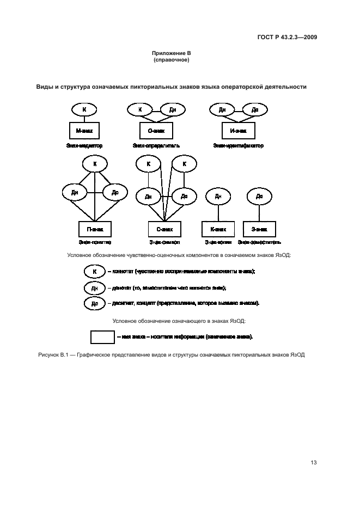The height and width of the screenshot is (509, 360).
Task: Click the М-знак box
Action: click(x=84, y=131)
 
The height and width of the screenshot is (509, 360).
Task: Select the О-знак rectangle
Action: click(x=156, y=131)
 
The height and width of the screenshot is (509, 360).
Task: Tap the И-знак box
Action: click(x=238, y=131)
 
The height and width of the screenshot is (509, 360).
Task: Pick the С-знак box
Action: click(x=164, y=229)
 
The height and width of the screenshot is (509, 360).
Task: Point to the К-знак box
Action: click(x=218, y=229)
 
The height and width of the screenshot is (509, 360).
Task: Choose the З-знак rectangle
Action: click(x=259, y=229)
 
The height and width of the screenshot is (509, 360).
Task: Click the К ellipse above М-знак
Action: click(x=84, y=109)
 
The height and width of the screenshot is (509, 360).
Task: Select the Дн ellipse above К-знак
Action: click(x=218, y=196)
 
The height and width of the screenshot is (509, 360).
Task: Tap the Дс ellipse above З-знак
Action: click(x=259, y=196)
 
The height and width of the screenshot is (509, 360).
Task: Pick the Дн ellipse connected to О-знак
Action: click(x=173, y=109)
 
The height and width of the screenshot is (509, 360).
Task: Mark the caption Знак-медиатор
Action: click(x=84, y=146)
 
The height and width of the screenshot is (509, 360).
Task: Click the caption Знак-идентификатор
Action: click(x=238, y=146)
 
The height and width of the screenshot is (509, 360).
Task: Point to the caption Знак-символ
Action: click(x=164, y=242)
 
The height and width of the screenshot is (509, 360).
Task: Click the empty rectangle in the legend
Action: click(x=102, y=337)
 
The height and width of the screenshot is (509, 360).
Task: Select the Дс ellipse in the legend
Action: click(x=94, y=303)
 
